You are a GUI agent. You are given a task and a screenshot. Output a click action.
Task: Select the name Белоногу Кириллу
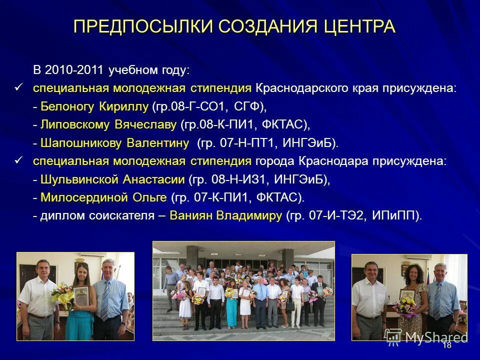(x=94, y=106)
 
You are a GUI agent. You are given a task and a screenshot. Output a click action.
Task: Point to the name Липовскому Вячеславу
(x=108, y=124)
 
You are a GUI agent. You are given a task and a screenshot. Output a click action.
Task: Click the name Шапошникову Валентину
(x=114, y=143)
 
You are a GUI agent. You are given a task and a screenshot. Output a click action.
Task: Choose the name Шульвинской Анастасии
(x=112, y=179)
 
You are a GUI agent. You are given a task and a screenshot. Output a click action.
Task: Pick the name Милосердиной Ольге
(x=103, y=197)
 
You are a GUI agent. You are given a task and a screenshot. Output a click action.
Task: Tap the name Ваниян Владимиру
(x=226, y=216)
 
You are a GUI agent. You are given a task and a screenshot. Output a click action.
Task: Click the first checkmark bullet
(x=19, y=87)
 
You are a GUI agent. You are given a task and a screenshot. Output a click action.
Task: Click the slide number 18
(x=447, y=345)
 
